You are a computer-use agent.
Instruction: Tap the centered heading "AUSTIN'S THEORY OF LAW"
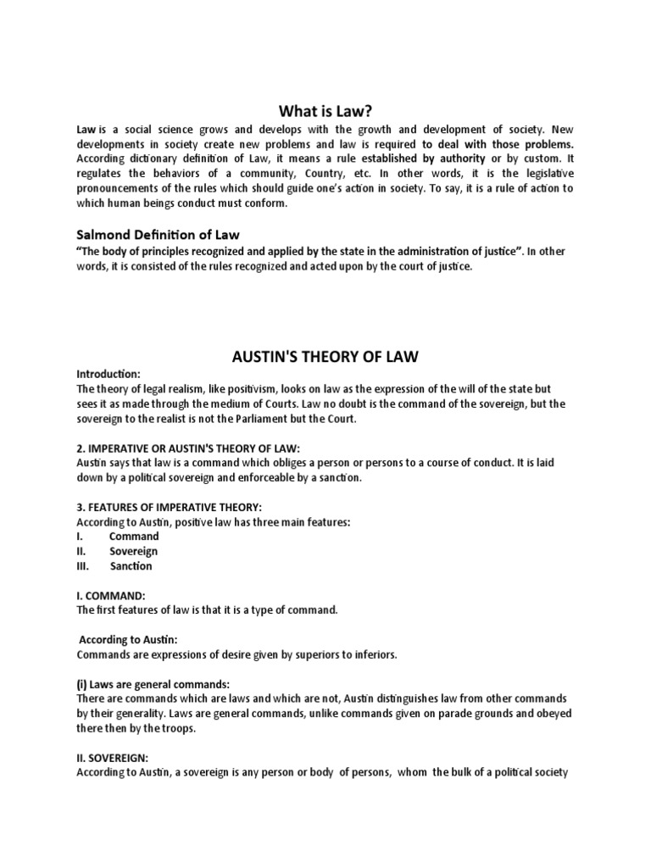click(325, 356)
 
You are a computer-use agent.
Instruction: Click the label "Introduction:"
click(108, 375)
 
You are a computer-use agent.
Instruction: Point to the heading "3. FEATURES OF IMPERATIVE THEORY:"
click(165, 507)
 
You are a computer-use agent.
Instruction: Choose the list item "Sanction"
click(131, 565)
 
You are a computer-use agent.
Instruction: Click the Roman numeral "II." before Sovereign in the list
click(82, 551)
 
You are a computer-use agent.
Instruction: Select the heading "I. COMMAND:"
click(110, 595)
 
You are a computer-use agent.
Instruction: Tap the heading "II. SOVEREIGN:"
click(113, 757)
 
